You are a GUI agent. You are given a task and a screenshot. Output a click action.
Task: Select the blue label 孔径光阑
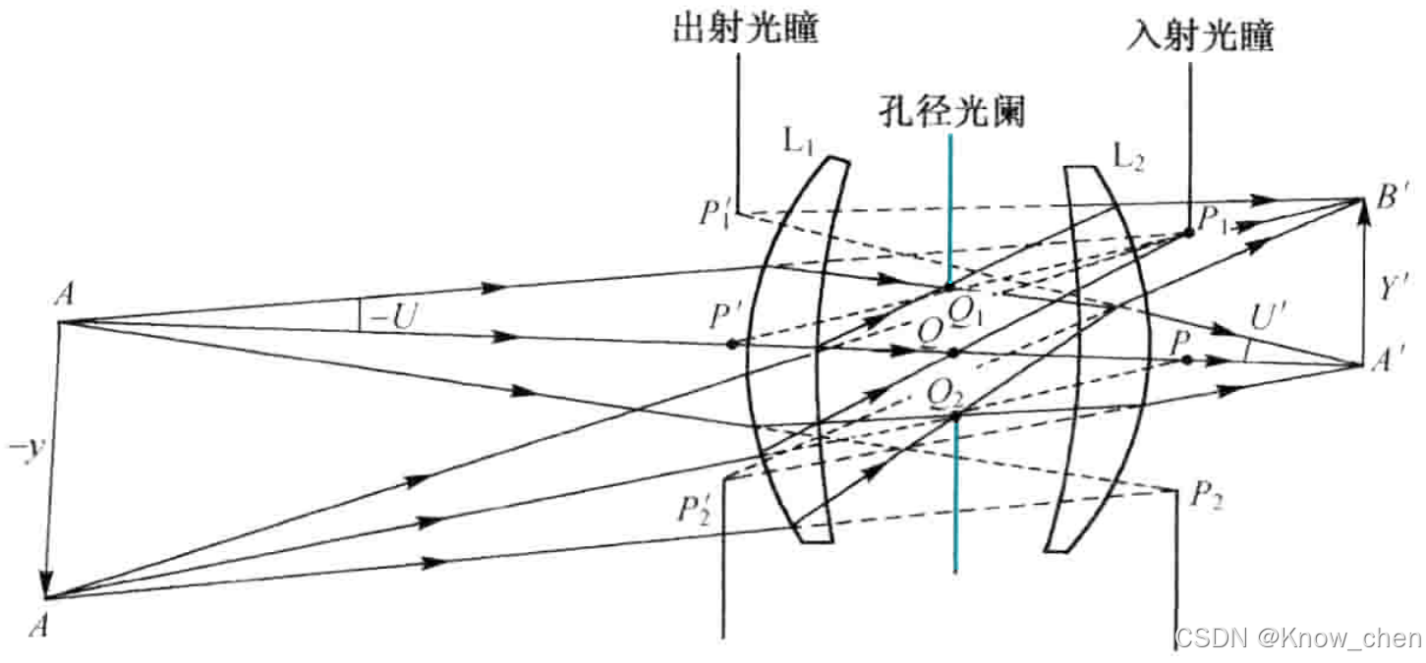coord(952,113)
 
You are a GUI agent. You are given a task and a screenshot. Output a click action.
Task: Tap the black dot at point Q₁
coord(948,287)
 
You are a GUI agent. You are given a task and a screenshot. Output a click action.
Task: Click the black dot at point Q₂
coord(954,416)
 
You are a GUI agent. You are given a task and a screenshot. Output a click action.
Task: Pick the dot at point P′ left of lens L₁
coord(732,344)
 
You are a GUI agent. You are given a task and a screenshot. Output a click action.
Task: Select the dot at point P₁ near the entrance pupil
coord(1189,233)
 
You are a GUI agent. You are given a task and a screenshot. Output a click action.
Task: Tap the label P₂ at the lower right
coord(1206,495)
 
